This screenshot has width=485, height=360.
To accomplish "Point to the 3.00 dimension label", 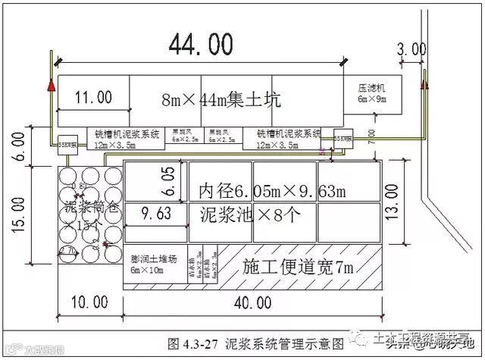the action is tap(412, 49).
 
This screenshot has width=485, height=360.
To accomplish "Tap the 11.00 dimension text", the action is tap(94, 97).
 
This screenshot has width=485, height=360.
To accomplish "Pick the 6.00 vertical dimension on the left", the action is tap(20, 145).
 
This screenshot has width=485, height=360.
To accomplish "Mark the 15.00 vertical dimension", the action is tap(20, 212).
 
